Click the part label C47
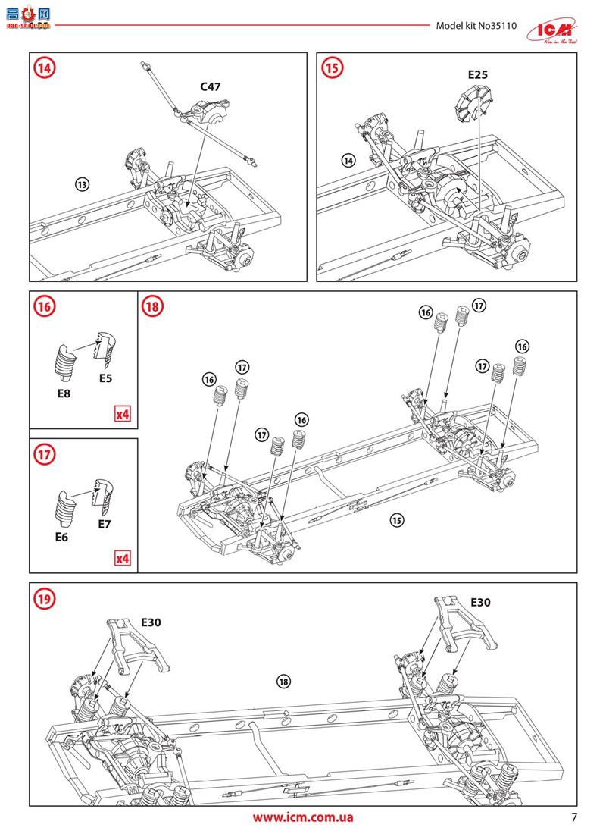point(211,86)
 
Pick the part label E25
point(476,75)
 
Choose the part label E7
point(105,523)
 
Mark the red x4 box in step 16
point(122,414)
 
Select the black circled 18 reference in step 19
point(283,681)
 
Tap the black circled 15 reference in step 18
point(397,519)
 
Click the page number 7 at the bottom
point(574,818)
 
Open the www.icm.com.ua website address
point(303,817)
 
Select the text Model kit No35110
point(476,25)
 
